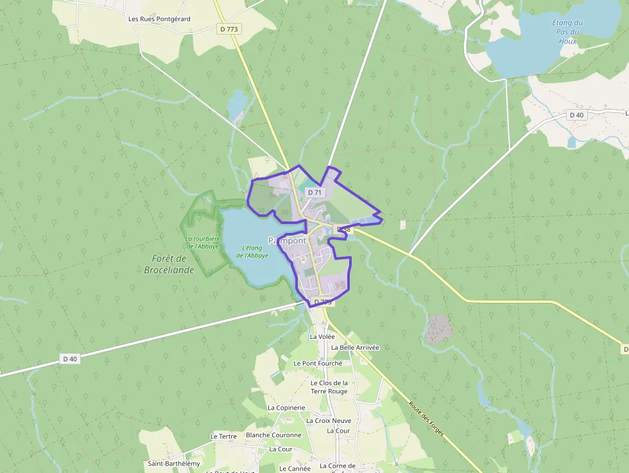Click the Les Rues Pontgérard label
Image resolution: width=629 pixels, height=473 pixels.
pos(159,19)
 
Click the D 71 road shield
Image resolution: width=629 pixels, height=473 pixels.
pos(314,192)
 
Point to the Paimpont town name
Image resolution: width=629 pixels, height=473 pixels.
pos(287,241)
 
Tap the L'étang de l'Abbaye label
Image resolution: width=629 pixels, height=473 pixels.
pos(252,252)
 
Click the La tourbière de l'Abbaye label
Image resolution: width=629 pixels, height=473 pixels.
pos(202,243)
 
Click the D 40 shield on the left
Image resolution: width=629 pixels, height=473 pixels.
pos(70,359)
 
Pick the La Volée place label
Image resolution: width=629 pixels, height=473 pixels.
pos(322,336)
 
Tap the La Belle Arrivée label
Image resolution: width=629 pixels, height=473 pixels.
pos(355,348)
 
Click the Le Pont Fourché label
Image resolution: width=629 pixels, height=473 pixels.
pos(318,363)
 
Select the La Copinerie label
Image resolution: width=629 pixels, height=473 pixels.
pos(286,408)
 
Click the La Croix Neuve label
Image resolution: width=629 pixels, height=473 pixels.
pos(329,421)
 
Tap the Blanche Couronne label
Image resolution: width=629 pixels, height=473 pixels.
pos(273,435)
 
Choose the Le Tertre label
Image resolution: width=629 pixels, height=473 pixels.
pos(223,436)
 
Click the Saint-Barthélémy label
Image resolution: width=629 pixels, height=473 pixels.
pos(174,463)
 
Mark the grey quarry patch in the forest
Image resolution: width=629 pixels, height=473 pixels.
pos(439,329)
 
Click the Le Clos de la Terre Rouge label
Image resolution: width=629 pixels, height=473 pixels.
pos(329,387)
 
